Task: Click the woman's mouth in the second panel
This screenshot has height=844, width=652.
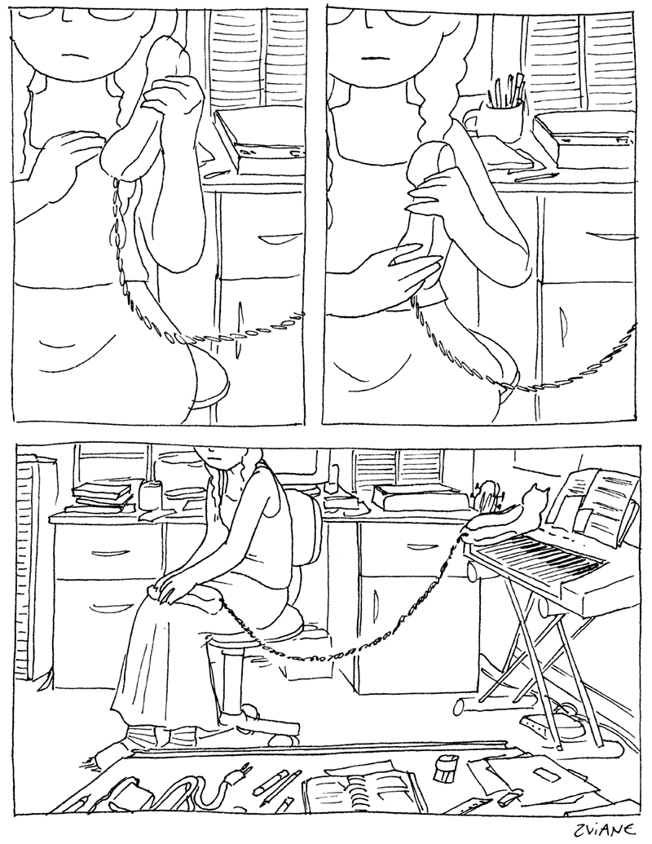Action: pyautogui.click(x=372, y=57)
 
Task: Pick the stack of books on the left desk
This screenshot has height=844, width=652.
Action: pyautogui.click(x=99, y=496)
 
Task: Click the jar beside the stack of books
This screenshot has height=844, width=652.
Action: pyautogui.click(x=149, y=495)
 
